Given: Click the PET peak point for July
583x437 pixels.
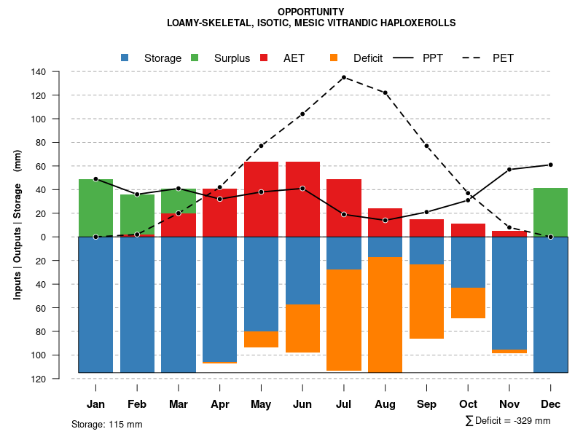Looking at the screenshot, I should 343,77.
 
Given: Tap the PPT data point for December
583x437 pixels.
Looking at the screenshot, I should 550,165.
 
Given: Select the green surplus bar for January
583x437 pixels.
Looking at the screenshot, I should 95,208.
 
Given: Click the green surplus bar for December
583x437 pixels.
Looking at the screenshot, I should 550,212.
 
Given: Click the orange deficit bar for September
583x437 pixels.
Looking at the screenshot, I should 426,302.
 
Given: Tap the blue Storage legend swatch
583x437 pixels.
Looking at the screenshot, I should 125,58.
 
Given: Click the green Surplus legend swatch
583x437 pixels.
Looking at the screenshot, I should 195,58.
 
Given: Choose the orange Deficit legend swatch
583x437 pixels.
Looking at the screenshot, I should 334,58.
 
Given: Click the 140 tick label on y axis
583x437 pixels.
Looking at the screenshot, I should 39,72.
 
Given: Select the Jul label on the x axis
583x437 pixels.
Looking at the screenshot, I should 343,404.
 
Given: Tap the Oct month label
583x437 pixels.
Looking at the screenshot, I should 468,404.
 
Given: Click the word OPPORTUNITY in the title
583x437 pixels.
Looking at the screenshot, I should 311,12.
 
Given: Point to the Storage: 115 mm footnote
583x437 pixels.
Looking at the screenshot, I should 107,424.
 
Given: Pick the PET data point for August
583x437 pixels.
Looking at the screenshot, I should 385,92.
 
